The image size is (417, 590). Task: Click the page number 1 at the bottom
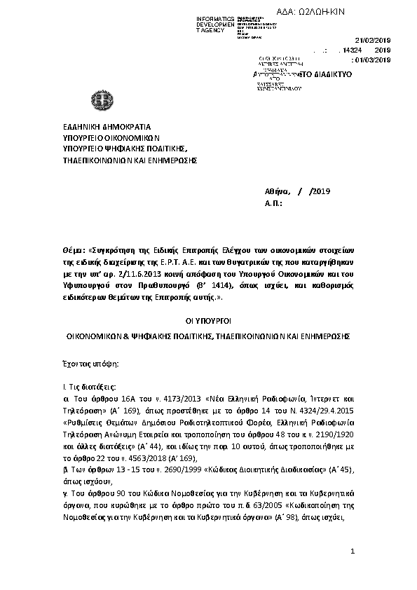click(353, 553)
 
